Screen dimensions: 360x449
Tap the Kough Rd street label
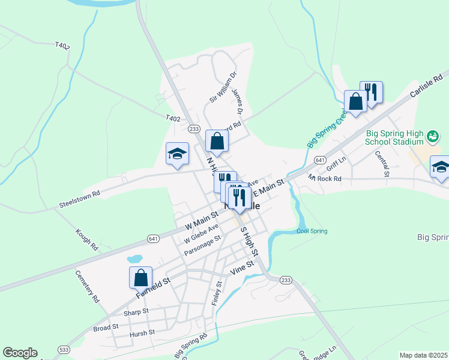click(87, 239)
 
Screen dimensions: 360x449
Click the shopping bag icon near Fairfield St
click(140, 278)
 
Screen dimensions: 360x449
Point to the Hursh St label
click(142, 332)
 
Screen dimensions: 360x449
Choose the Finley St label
click(217, 293)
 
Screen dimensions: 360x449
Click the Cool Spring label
click(312, 231)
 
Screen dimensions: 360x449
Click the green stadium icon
click(432, 137)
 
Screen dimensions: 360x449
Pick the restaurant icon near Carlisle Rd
click(371, 92)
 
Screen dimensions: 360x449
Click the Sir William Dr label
click(223, 86)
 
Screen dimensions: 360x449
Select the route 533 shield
click(63, 349)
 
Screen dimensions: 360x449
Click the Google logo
click(20, 353)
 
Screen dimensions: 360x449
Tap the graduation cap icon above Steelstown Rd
click(177, 154)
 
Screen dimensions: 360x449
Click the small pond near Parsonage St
click(135, 259)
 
